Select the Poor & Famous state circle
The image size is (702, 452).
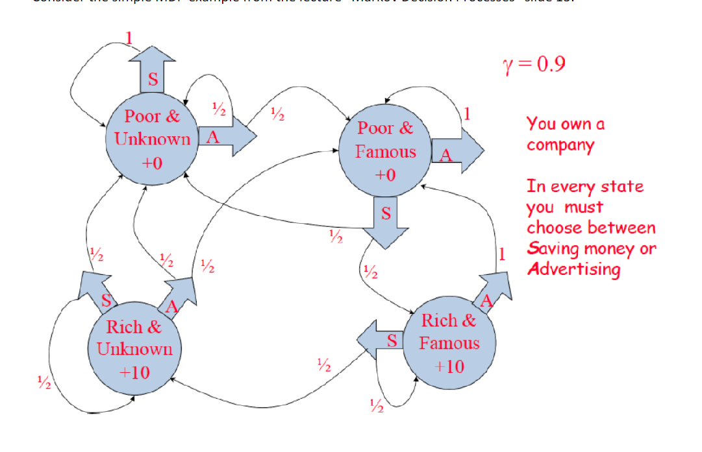tap(385, 150)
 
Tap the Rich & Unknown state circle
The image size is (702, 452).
tap(134, 349)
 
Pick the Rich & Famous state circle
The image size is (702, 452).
tap(449, 342)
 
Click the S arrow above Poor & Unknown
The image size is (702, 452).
tap(153, 72)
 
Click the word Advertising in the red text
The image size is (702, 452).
tap(573, 269)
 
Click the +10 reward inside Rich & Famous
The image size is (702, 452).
tap(449, 366)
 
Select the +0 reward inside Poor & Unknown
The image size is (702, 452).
tap(151, 162)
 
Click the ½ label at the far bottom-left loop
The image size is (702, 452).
tap(43, 383)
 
